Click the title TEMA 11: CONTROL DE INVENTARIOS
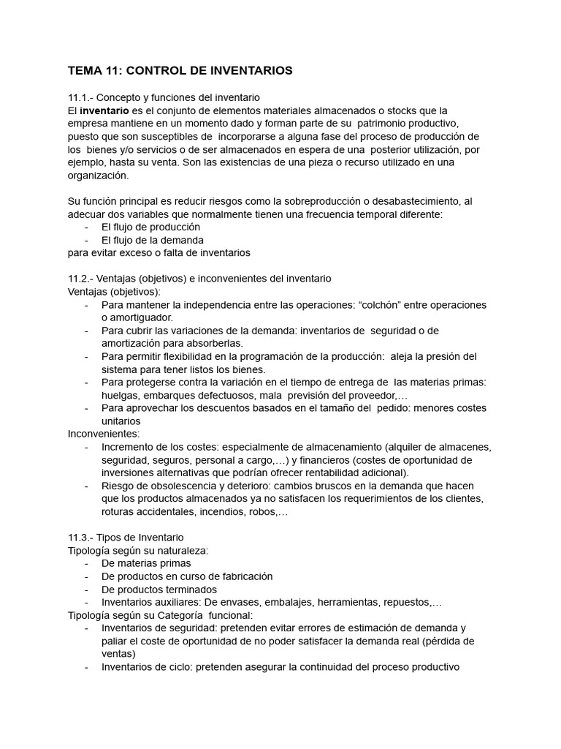pyautogui.click(x=180, y=71)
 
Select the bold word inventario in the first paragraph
pyautogui.click(x=103, y=110)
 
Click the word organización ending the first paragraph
pyautogui.click(x=98, y=176)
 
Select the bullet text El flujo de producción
pyautogui.click(x=150, y=227)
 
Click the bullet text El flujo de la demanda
pyautogui.click(x=152, y=240)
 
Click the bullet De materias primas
pyautogui.click(x=146, y=563)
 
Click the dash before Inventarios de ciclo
pyautogui.click(x=87, y=667)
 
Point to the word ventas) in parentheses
pyautogui.click(x=119, y=654)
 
